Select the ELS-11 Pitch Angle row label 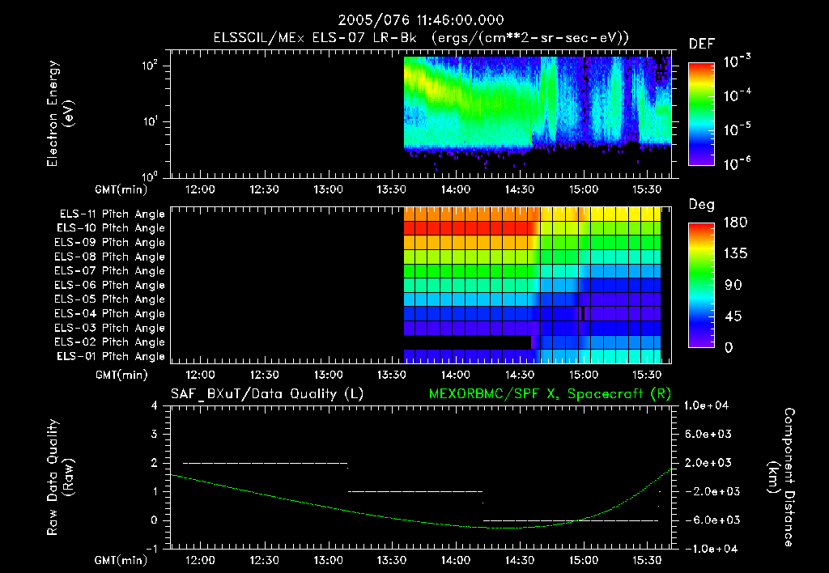pos(112,214)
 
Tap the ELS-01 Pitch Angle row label pos(112,356)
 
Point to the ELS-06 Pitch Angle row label pos(112,285)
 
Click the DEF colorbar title pos(701,45)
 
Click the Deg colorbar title pos(701,205)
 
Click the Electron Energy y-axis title pos(61,116)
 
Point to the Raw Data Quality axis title pos(61,477)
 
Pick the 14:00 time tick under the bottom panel pos(456,559)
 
